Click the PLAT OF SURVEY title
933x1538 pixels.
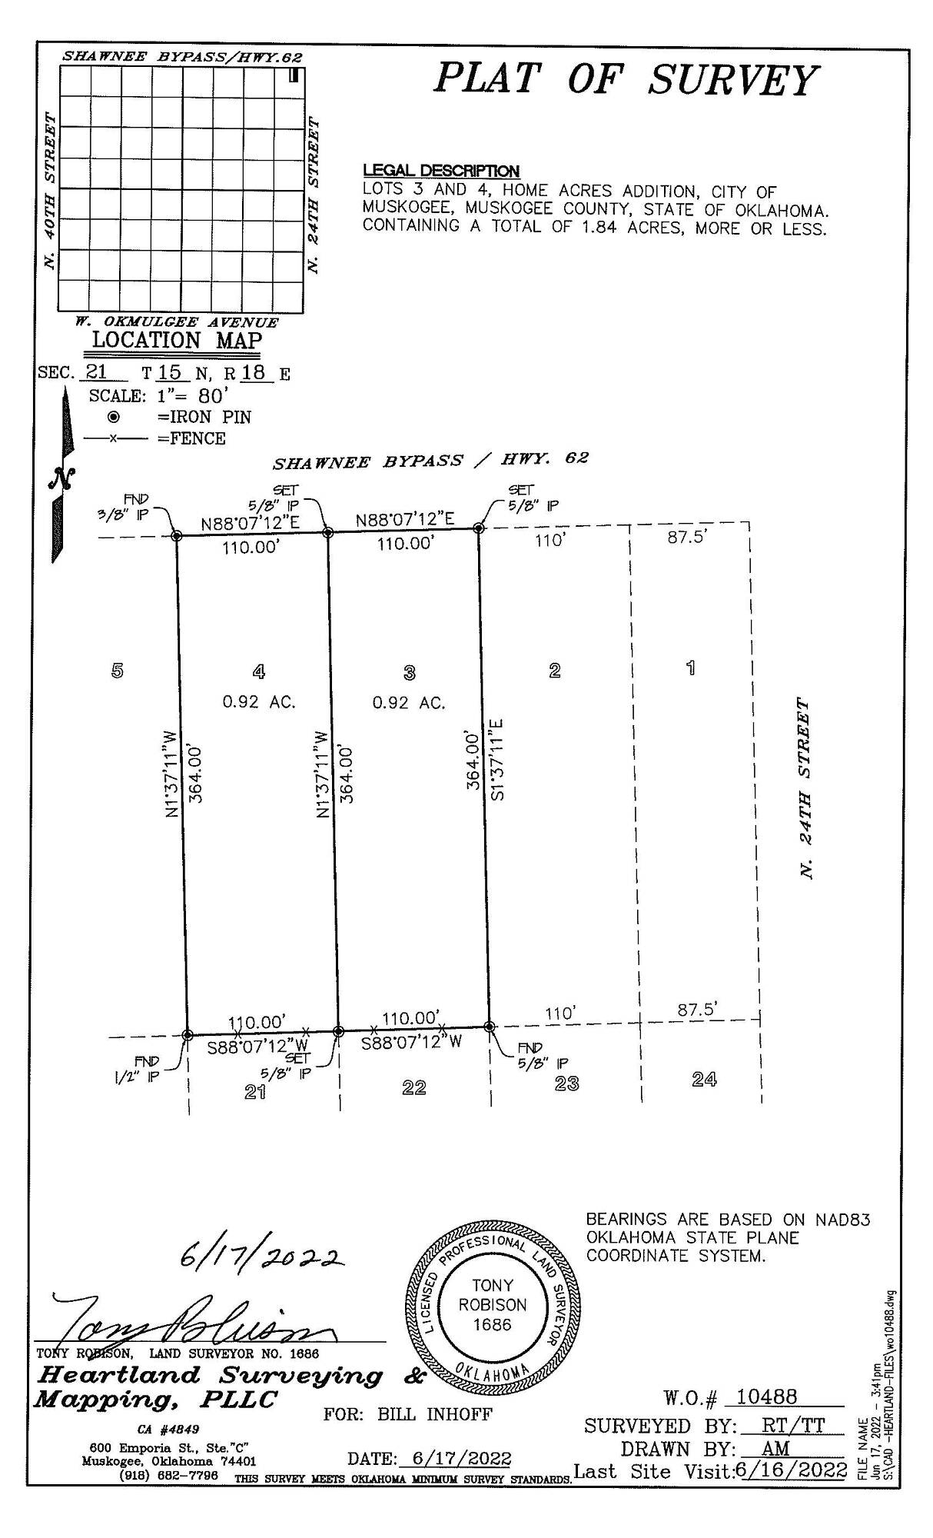[x=625, y=79]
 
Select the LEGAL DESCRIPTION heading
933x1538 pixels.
[x=440, y=171]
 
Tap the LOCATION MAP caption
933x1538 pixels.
[x=177, y=341]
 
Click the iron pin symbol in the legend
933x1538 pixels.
[x=114, y=417]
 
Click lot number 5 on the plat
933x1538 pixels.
[x=117, y=671]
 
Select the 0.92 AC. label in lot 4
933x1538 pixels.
[x=259, y=702]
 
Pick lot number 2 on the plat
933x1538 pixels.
[x=555, y=671]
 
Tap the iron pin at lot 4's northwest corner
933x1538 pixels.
[x=176, y=535]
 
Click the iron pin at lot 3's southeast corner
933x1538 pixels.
[x=489, y=1026]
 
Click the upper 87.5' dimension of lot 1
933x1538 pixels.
[x=687, y=537]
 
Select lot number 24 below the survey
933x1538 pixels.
[x=704, y=1080]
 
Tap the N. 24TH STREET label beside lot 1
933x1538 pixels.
[x=805, y=789]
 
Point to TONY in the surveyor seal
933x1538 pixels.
[x=493, y=1285]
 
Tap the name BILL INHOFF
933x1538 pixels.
[x=434, y=1414]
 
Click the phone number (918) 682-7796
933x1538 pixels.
[x=169, y=1476]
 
